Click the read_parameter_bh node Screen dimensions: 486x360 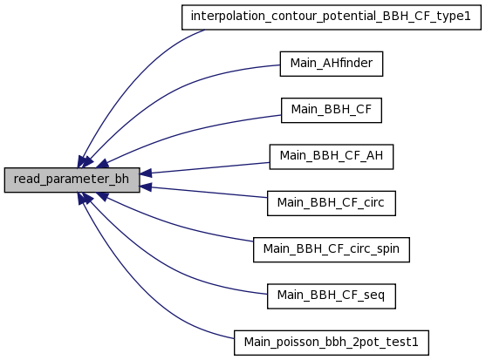72,180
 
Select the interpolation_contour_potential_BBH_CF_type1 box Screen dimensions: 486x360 332,17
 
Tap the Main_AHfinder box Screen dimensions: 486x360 332,64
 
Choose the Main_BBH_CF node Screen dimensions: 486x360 332,110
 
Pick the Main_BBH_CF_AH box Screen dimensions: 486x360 332,157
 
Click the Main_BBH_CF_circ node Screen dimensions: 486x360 332,203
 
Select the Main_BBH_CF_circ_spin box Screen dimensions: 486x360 332,249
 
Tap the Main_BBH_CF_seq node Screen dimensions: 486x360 332,295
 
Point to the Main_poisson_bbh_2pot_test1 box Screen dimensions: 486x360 332,343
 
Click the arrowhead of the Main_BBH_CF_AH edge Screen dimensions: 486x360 146,173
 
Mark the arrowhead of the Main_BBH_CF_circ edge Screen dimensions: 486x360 146,187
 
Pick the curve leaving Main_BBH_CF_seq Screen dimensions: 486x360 168,266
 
